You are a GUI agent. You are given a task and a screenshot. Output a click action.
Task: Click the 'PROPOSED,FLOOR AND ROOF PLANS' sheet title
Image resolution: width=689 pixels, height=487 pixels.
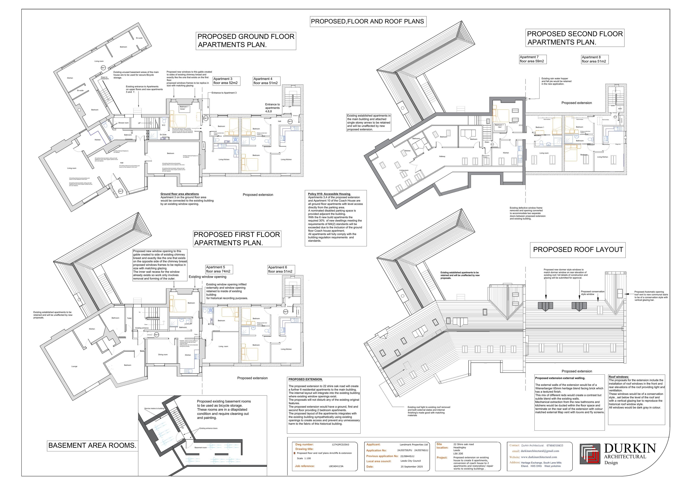(368, 22)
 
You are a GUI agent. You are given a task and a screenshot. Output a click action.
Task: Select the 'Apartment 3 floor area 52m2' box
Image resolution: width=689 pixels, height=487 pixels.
(226, 81)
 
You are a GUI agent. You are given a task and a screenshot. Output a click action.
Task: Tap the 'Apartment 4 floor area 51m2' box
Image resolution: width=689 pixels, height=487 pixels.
(265, 81)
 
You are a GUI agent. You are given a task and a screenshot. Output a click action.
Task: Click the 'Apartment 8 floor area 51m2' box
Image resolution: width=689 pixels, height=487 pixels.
(595, 59)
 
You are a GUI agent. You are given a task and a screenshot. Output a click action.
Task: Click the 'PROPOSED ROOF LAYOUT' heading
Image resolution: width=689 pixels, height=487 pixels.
(578, 250)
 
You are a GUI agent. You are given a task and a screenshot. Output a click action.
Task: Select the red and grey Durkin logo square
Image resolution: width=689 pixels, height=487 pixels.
(590, 454)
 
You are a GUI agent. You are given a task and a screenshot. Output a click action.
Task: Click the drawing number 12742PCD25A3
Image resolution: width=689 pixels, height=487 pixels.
(340, 444)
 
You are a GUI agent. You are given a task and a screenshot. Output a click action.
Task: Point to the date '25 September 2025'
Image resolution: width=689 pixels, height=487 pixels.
(412, 467)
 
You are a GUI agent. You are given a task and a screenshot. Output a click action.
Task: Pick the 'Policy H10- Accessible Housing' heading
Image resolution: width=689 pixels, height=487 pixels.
(329, 194)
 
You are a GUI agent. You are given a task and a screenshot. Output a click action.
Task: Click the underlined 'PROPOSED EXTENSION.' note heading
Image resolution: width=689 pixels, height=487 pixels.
(305, 379)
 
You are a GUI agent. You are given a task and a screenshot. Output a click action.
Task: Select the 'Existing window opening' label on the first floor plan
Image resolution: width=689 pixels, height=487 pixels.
(207, 277)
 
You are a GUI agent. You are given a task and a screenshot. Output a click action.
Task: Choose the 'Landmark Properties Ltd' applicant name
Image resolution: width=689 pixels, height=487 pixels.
(414, 444)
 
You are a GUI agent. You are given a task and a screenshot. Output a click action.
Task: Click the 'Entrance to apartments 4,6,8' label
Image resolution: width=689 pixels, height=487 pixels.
(272, 108)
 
